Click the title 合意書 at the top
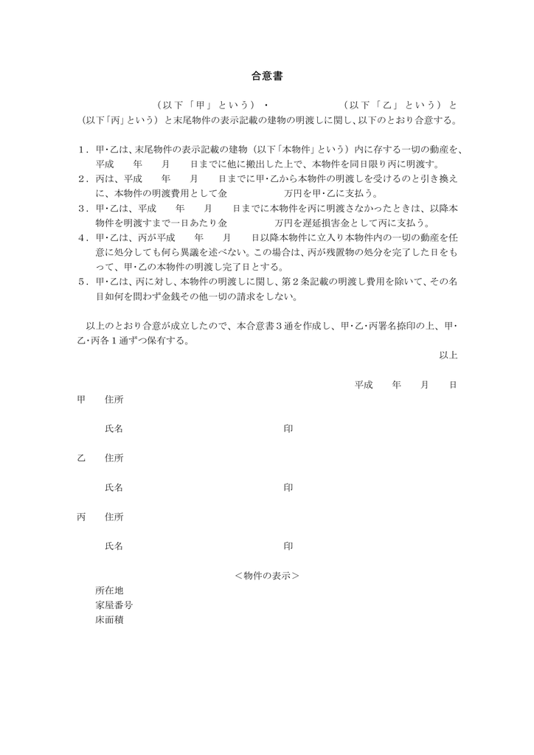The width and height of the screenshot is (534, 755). (267, 76)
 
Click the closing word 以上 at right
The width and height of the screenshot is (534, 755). (448, 355)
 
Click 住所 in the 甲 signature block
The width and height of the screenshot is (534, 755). (114, 399)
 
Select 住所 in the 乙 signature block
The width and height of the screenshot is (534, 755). (114, 458)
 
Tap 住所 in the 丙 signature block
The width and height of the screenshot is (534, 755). (114, 517)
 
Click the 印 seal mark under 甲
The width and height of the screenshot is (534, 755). (288, 428)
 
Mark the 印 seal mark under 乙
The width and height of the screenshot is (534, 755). (288, 487)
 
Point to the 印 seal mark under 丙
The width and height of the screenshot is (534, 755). (288, 546)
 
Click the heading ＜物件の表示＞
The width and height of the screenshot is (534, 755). (266, 576)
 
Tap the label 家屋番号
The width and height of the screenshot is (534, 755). (114, 605)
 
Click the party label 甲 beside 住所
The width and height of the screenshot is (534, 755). (81, 399)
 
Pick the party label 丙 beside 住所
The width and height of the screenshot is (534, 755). (81, 517)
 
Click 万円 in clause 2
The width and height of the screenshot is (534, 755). (294, 194)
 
